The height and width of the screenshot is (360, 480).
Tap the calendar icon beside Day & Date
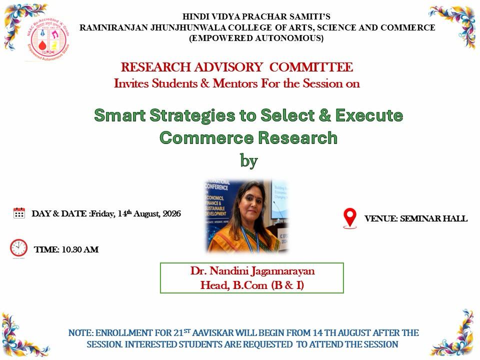pos(19,213)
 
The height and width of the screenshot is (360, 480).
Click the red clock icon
pos(18,248)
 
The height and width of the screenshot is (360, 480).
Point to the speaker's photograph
pos(246,216)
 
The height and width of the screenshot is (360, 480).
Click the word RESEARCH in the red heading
pos(155,67)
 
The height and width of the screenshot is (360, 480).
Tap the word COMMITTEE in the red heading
pos(311,67)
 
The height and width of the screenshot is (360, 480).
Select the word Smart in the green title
pos(119,115)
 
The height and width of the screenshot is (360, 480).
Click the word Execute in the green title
pos(369,115)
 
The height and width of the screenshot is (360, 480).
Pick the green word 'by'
pos(248,160)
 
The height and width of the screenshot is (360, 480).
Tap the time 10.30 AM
pos(80,249)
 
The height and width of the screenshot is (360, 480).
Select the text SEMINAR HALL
pos(434,218)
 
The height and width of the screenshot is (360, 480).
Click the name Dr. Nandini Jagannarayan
pos(252,271)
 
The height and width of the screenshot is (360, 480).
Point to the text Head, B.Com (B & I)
pos(252,285)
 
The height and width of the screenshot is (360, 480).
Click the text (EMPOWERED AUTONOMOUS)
pos(256,38)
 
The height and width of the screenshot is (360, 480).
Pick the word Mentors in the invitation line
pos(235,83)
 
